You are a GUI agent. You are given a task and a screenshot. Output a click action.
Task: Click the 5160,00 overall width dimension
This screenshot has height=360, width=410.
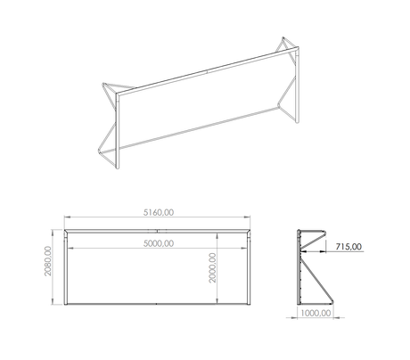(x=159, y=212)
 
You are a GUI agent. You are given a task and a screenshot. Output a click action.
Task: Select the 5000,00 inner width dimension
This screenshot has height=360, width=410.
(x=159, y=243)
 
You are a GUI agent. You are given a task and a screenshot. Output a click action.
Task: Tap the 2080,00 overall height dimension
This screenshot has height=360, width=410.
(x=48, y=261)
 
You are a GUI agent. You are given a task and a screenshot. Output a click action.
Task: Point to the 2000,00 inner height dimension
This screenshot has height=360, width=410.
(x=212, y=267)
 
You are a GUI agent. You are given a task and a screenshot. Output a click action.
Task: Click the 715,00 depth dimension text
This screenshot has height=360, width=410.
(x=348, y=247)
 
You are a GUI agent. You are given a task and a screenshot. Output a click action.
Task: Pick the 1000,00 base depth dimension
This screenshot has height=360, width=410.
(x=316, y=313)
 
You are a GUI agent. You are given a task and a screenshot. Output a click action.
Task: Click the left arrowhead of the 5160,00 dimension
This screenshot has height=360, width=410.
(x=67, y=217)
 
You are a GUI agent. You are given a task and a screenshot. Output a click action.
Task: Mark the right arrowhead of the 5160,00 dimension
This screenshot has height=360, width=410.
(x=247, y=217)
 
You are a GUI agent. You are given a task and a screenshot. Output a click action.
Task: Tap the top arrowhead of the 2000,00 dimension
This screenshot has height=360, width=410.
(x=217, y=236)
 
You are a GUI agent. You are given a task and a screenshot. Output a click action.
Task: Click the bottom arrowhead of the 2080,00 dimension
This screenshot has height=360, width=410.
(x=53, y=301)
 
